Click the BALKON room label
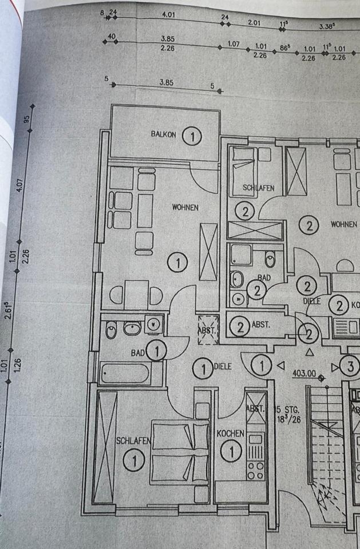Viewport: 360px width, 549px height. (x=164, y=134)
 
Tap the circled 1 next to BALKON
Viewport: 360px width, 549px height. (x=192, y=136)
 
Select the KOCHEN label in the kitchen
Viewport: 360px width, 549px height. (x=230, y=434)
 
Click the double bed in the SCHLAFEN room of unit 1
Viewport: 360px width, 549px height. (x=179, y=452)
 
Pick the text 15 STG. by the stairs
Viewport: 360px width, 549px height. (x=285, y=409)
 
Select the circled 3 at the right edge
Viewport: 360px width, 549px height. (x=350, y=364)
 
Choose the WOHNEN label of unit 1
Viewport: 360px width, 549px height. (x=185, y=208)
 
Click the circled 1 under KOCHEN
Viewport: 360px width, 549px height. (x=231, y=452)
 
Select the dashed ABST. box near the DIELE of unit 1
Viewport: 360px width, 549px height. (x=208, y=330)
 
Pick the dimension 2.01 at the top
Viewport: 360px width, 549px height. (x=254, y=22)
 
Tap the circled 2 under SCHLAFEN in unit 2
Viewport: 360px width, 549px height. (x=245, y=212)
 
